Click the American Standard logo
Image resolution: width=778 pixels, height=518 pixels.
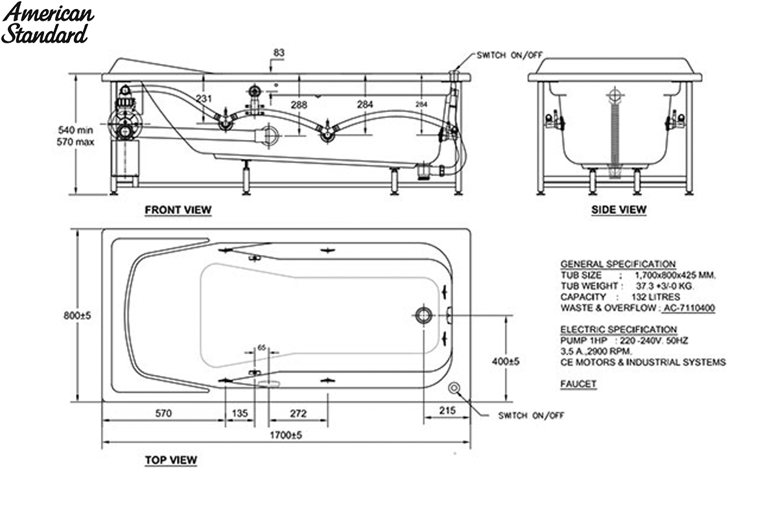tap(47, 23)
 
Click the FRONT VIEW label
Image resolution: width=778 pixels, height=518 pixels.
tap(178, 210)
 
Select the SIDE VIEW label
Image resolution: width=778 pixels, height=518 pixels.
tap(619, 210)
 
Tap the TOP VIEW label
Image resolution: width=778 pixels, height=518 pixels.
tap(171, 460)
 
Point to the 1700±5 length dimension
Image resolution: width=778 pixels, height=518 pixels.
tap(286, 434)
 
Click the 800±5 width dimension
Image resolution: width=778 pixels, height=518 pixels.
tap(77, 315)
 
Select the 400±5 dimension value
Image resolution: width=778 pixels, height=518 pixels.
tap(505, 361)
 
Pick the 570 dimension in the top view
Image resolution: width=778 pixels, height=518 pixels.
tap(163, 413)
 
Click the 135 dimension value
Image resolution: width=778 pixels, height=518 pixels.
tap(240, 413)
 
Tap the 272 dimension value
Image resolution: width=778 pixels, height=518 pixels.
tap(298, 413)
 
